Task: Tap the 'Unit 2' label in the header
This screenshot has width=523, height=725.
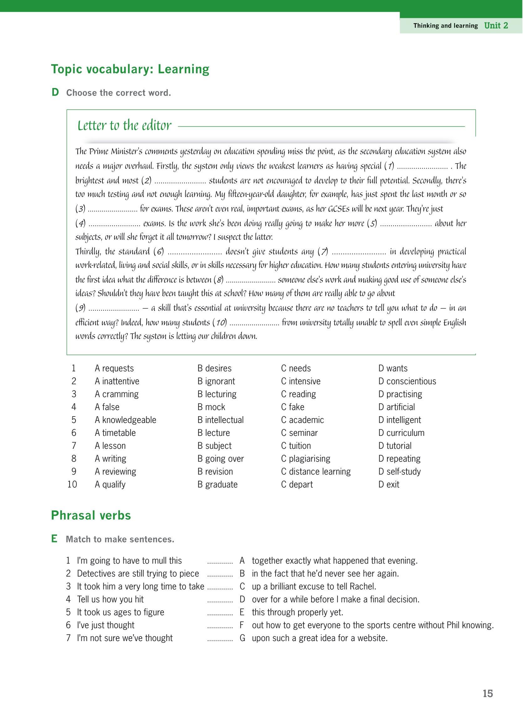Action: click(496, 26)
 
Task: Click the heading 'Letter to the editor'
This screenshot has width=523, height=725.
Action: click(124, 126)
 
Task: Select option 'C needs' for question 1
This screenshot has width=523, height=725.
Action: click(296, 368)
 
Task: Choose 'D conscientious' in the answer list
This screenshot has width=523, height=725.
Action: click(407, 381)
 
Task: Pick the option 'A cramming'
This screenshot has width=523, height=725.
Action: click(117, 394)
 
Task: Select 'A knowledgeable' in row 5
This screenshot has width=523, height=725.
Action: click(125, 420)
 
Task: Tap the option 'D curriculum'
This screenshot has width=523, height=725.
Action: click(401, 433)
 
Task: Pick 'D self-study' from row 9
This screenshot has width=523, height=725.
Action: click(399, 472)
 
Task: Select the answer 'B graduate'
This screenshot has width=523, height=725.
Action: click(217, 484)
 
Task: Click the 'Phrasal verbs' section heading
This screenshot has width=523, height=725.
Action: click(91, 515)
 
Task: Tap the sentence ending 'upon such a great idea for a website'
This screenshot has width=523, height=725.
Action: click(319, 638)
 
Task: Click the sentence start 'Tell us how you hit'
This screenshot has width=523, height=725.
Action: click(110, 599)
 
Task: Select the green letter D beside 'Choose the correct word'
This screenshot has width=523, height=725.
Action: click(55, 92)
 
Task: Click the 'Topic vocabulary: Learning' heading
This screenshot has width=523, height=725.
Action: click(130, 69)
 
